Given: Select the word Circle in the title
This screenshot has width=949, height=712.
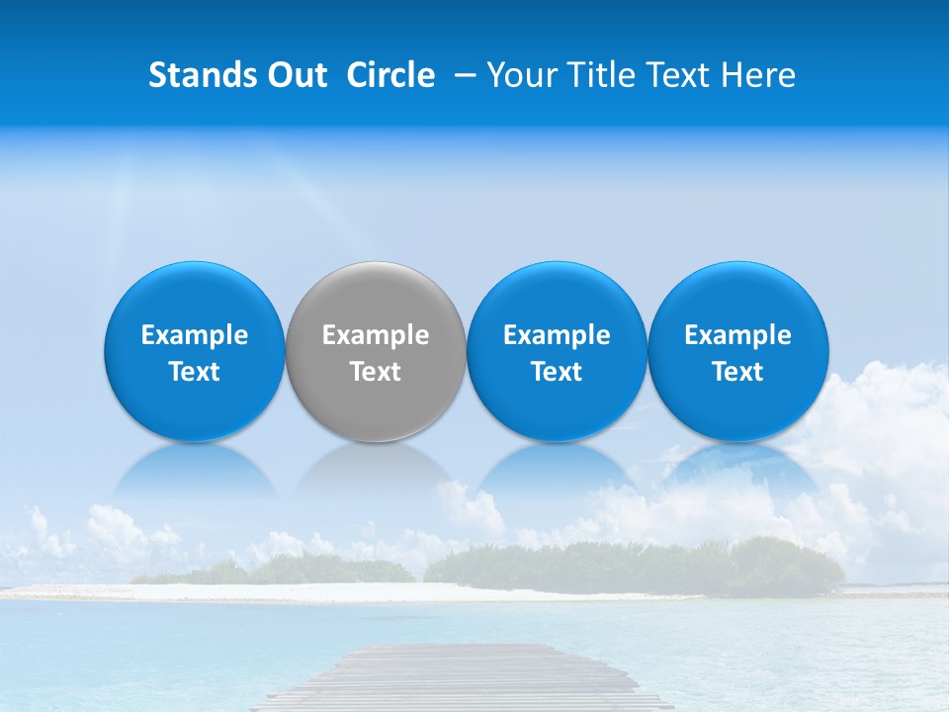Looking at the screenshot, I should click(x=390, y=75).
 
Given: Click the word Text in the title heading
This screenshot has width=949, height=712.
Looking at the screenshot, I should click(x=678, y=75).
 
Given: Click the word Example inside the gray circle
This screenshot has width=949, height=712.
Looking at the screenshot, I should click(x=376, y=335).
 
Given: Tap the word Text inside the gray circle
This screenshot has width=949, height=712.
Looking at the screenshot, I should click(x=376, y=372).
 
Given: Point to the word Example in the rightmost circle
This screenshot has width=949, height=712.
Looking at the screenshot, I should click(x=738, y=335).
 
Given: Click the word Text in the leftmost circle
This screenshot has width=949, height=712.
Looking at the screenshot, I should click(x=194, y=372).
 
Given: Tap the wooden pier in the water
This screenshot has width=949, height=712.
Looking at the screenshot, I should click(x=465, y=677).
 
